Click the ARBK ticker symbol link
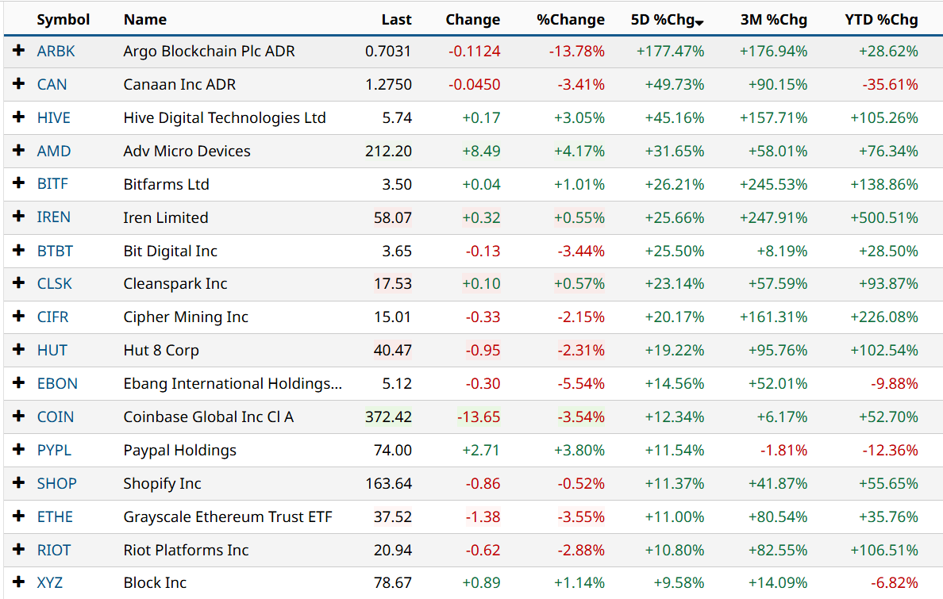[56, 52]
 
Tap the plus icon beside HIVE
[19, 117]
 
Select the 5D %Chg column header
[662, 20]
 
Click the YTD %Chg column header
[881, 20]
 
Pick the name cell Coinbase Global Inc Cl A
[209, 417]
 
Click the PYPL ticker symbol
[54, 450]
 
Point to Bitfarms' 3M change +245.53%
[773, 184]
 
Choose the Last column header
[396, 20]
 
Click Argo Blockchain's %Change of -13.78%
[576, 52]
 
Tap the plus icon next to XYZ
[19, 582]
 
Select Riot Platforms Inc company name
[186, 550]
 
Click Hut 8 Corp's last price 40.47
[392, 350]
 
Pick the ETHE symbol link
[55, 516]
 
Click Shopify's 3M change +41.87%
[777, 483]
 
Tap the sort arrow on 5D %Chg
[699, 22]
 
